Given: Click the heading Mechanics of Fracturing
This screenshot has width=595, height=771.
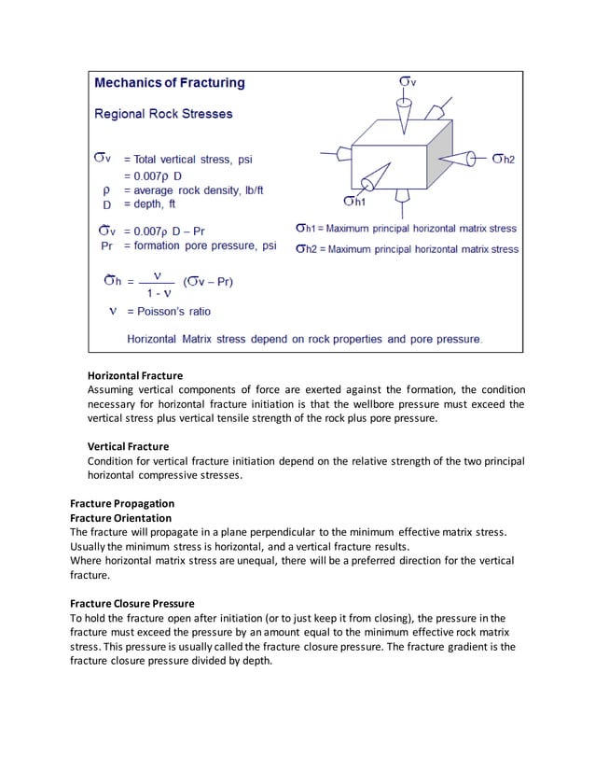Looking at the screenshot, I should click(170, 83).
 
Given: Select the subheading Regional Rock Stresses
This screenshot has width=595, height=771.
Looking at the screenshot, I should click(164, 115).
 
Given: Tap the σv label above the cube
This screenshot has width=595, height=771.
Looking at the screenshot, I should click(408, 82).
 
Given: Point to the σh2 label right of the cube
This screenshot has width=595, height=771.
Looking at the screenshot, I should click(505, 159).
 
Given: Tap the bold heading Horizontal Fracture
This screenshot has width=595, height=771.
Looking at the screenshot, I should click(135, 375).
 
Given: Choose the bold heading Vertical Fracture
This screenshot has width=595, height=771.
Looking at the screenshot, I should click(128, 447).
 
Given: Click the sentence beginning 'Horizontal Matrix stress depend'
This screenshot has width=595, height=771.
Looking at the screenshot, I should click(304, 338).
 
